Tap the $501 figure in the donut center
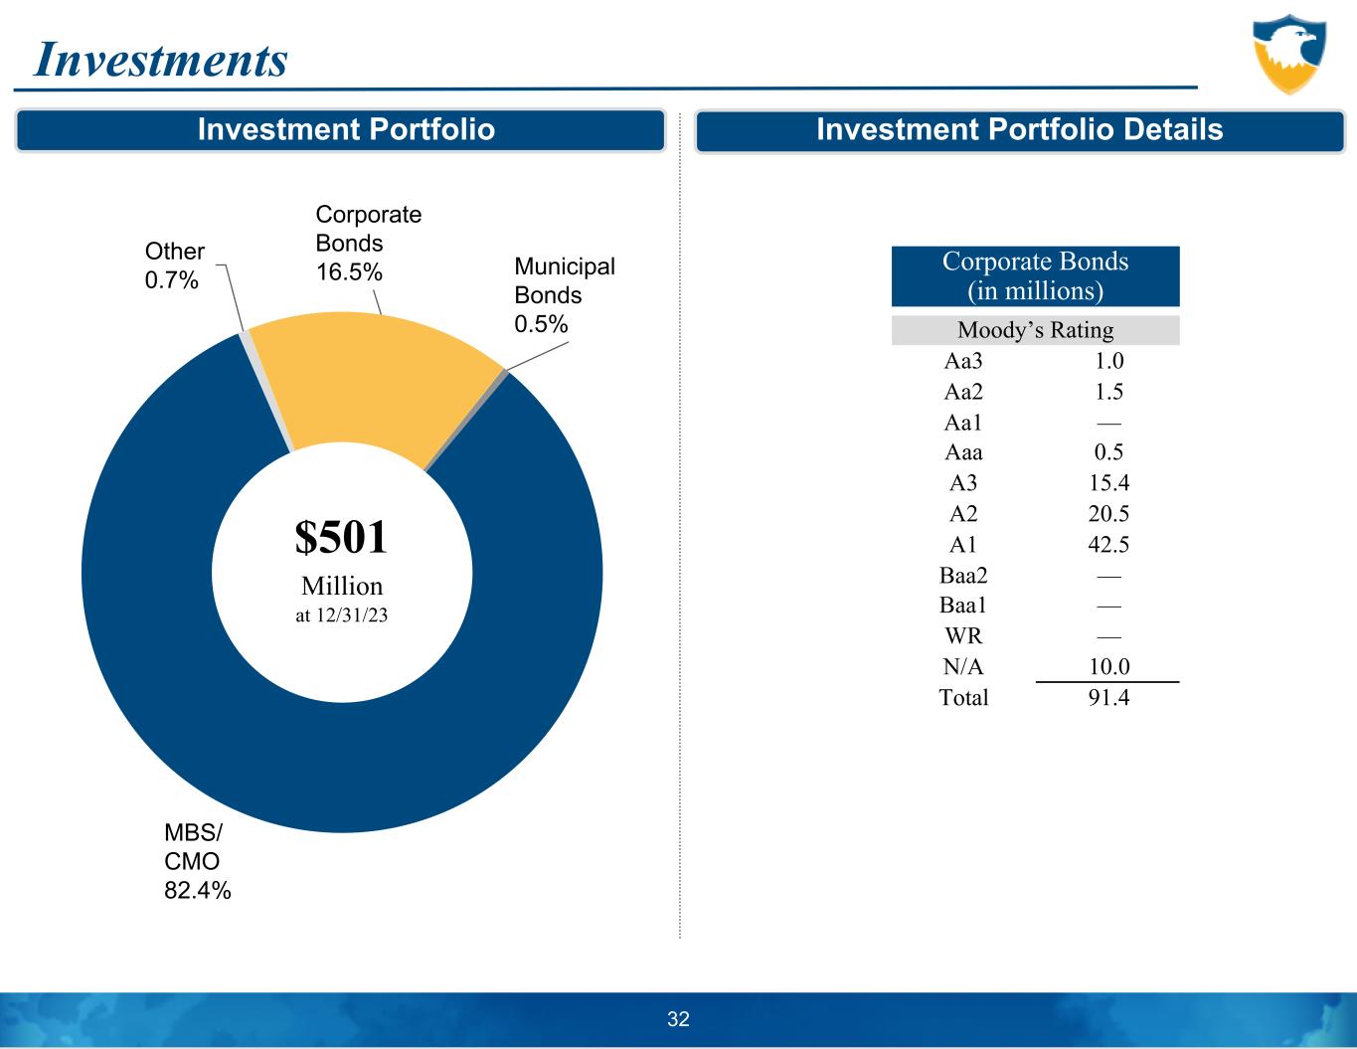pyautogui.click(x=341, y=538)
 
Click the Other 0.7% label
pyautogui.click(x=174, y=265)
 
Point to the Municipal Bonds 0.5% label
pyautogui.click(x=564, y=295)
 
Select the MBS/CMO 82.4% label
pyautogui.click(x=197, y=862)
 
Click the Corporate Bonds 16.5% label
pyautogui.click(x=368, y=244)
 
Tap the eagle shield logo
pyautogui.click(x=1289, y=54)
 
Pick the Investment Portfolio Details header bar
pyautogui.click(x=1019, y=130)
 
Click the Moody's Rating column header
pyautogui.click(x=1035, y=330)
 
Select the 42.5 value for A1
pyautogui.click(x=1108, y=545)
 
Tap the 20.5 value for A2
pyautogui.click(x=1108, y=514)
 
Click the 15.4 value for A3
pyautogui.click(x=1108, y=483)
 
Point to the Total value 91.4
pyautogui.click(x=1108, y=698)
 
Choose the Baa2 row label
pyautogui.click(x=963, y=576)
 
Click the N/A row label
pyautogui.click(x=963, y=667)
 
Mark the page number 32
pyautogui.click(x=678, y=1019)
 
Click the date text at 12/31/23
pyautogui.click(x=341, y=616)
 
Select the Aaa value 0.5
pyautogui.click(x=1108, y=452)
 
